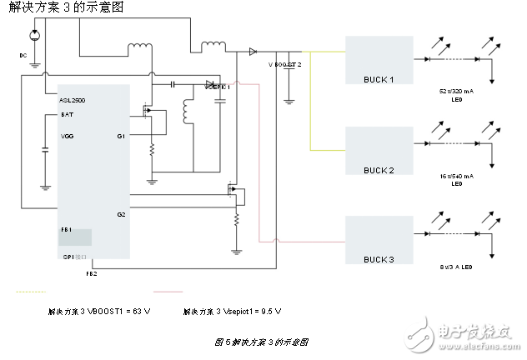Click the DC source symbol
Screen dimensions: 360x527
tap(33, 36)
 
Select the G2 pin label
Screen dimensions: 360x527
tap(121, 214)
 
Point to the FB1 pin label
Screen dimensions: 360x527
tap(66, 228)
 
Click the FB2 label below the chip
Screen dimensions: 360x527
tap(91, 272)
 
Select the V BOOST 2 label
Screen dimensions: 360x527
tap(284, 64)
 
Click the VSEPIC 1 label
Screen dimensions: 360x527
tap(217, 87)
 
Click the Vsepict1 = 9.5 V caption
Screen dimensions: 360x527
tap(233, 311)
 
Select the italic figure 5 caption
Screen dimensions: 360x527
tap(262, 342)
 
